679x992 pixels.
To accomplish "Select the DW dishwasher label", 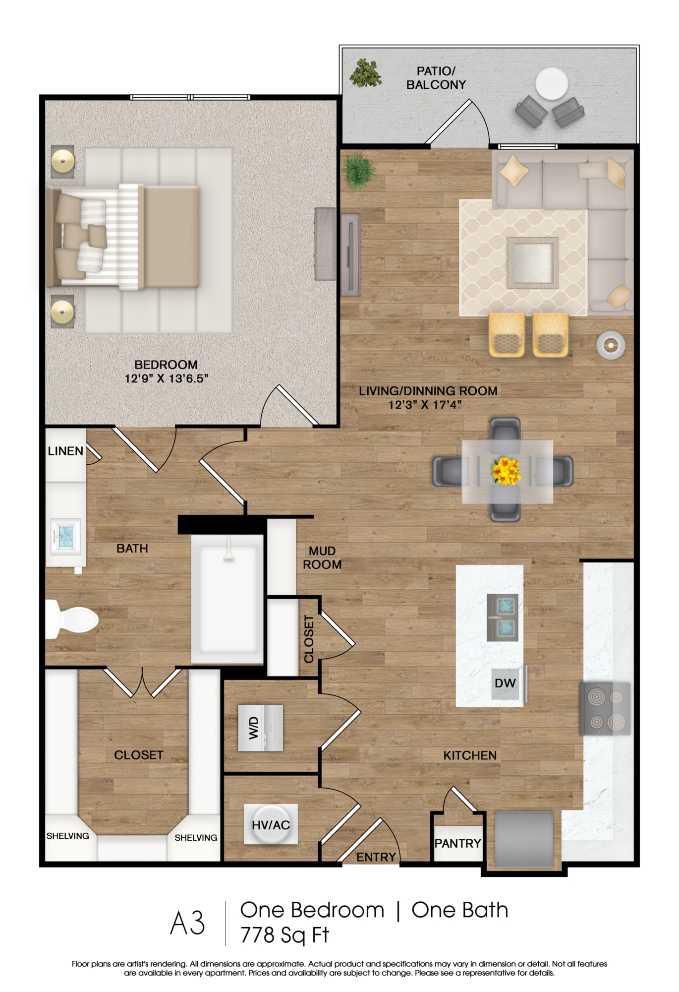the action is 505,683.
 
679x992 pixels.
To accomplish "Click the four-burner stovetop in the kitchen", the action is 605,709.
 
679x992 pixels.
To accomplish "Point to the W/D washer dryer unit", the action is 260,728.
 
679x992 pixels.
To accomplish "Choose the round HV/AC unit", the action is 271,824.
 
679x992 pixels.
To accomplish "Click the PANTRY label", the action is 457,843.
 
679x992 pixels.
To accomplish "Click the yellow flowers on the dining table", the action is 507,471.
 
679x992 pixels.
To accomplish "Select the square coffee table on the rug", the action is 533,262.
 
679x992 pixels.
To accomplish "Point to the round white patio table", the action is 552,84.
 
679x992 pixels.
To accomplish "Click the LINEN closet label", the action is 65,451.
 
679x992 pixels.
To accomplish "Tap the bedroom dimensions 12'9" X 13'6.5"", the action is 166,378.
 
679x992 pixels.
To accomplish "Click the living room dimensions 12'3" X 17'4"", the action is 425,405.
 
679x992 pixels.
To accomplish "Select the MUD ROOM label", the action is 322,558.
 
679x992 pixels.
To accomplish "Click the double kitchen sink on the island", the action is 503,618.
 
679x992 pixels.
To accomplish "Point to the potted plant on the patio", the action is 366,73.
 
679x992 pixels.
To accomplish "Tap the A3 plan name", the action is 187,923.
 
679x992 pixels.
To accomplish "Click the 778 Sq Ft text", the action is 285,935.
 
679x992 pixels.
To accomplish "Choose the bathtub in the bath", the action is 227,599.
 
